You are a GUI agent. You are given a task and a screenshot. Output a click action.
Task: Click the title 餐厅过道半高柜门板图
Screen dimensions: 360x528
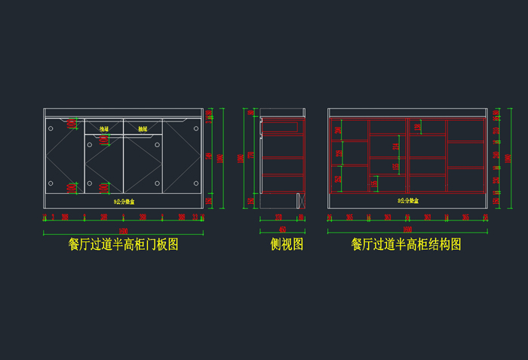click(x=123, y=245)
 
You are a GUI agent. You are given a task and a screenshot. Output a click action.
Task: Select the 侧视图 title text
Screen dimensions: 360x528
click(x=287, y=245)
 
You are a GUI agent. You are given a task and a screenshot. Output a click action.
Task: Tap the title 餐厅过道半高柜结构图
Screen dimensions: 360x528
click(x=406, y=245)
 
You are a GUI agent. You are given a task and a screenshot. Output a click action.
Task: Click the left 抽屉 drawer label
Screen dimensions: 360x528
click(x=104, y=130)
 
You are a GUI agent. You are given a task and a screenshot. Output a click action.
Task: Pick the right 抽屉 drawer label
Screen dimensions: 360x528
click(x=143, y=130)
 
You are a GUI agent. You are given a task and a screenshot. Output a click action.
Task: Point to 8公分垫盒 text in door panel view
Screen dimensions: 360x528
click(x=123, y=202)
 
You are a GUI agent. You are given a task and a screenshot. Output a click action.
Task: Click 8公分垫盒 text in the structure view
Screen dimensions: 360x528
click(x=408, y=202)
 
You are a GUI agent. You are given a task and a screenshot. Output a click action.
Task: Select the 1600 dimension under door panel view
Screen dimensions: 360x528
click(x=123, y=229)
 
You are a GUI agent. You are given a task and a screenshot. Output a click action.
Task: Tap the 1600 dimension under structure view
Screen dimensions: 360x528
click(x=407, y=229)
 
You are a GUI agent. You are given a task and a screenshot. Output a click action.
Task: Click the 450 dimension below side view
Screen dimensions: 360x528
click(x=282, y=229)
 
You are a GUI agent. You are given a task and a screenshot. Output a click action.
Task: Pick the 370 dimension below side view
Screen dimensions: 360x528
click(x=278, y=217)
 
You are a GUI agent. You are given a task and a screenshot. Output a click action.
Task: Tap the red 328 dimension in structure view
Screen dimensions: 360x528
click(x=337, y=179)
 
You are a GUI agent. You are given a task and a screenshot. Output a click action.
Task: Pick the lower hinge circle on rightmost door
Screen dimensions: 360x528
click(x=197, y=183)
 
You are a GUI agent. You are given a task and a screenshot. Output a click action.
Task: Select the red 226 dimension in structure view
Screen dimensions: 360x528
click(x=337, y=130)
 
